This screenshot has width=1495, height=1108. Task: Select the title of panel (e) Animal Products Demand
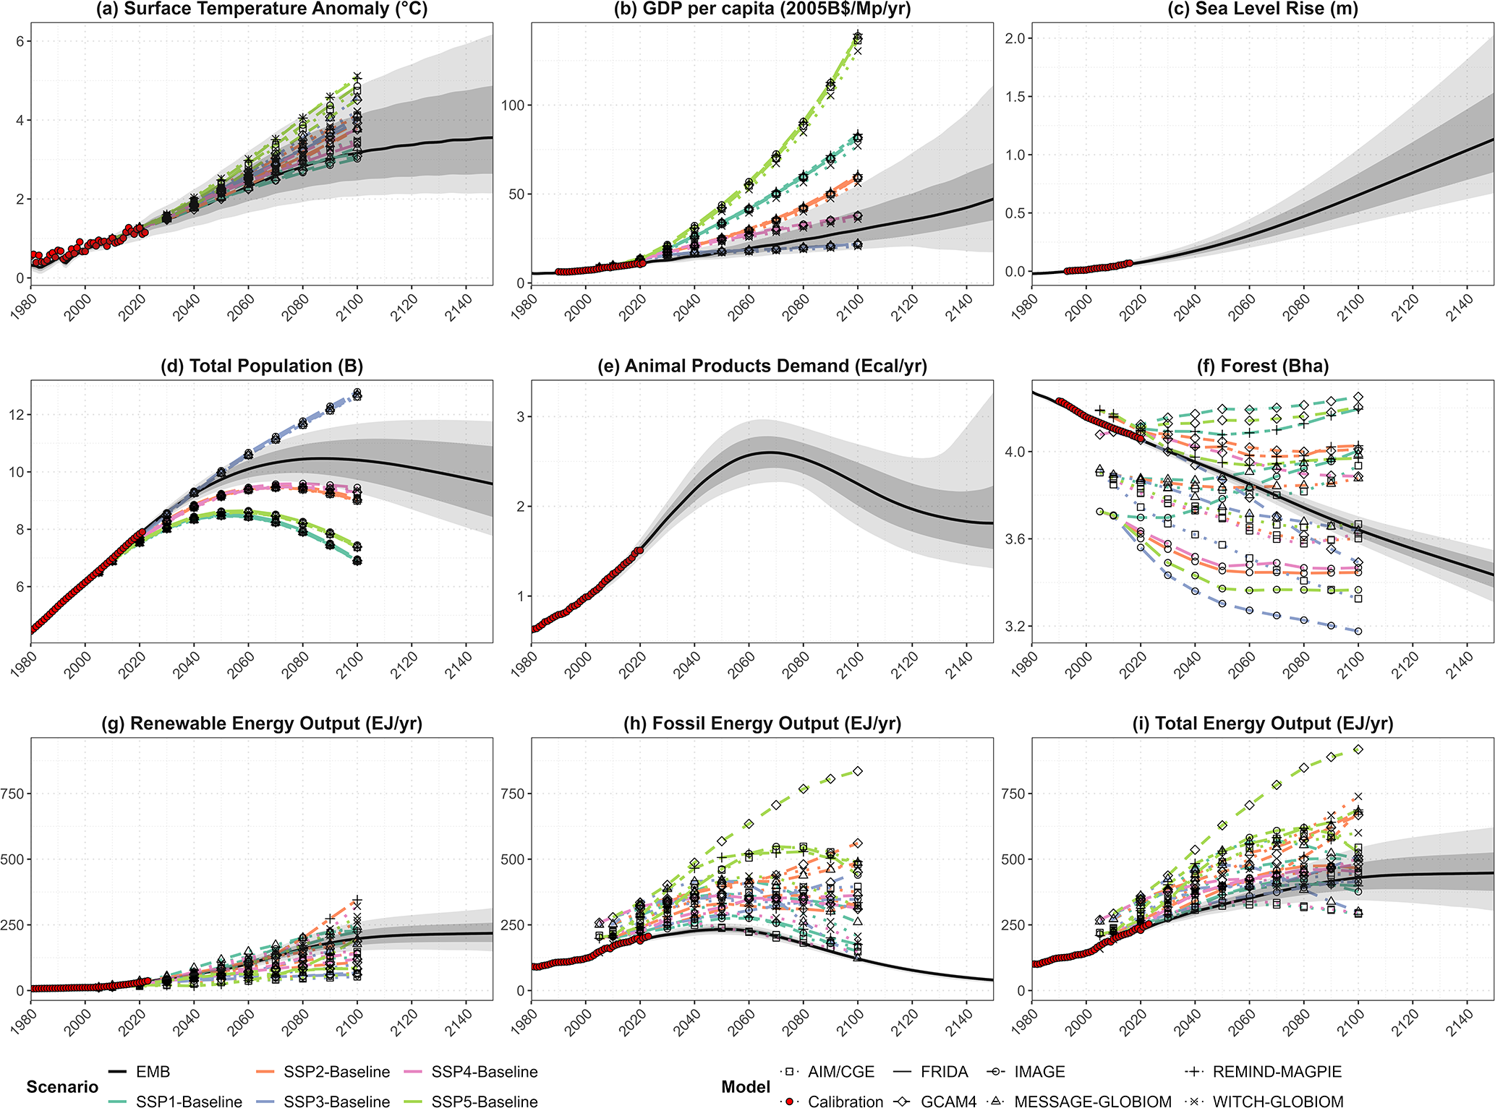coord(762,366)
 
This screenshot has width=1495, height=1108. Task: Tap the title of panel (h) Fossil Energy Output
coord(762,723)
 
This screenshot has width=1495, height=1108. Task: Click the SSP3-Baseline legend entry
coord(336,1101)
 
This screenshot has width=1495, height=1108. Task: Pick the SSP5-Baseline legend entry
coord(484,1101)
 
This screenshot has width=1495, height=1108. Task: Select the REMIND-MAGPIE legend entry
coord(1277,1072)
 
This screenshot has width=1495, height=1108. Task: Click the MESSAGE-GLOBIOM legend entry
coord(1092,1101)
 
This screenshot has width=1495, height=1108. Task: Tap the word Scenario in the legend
coord(62,1087)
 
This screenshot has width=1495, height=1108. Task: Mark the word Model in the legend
coord(746,1087)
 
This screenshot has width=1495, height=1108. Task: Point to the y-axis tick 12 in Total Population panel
coord(17,415)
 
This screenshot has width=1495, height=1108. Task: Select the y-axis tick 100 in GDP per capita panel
coord(512,106)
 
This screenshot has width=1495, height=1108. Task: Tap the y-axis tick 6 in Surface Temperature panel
coord(21,42)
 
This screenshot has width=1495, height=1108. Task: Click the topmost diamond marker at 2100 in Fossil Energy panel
coord(858,772)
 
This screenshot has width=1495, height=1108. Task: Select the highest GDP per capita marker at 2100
coord(858,35)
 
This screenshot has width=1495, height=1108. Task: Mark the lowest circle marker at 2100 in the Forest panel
coord(1358,631)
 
